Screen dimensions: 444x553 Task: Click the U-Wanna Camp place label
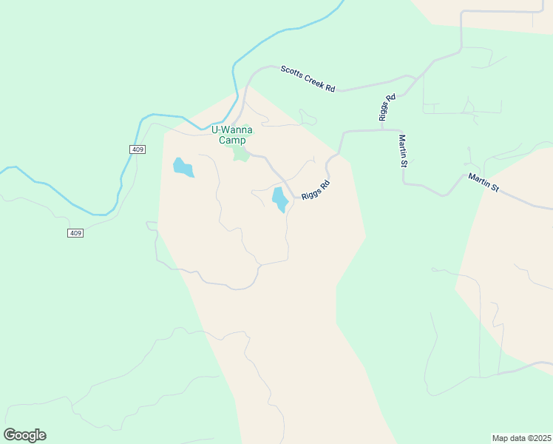click(232, 135)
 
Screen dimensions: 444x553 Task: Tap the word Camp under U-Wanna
click(232, 140)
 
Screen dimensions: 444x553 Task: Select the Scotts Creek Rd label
click(308, 79)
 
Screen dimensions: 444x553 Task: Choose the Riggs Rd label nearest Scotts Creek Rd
click(387, 107)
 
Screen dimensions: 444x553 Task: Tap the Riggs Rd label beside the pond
click(315, 189)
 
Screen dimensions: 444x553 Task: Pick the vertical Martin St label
click(404, 151)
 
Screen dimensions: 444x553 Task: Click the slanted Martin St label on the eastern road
click(484, 183)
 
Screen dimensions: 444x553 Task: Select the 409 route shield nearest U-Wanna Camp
click(138, 149)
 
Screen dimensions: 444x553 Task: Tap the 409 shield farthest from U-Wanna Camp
click(75, 233)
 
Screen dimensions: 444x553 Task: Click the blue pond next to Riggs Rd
click(280, 199)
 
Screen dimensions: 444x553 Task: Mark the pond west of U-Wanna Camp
click(182, 167)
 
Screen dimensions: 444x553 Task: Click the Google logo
click(24, 435)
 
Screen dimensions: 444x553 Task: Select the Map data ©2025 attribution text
click(521, 438)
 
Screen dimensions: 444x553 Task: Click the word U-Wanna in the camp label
click(232, 129)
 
